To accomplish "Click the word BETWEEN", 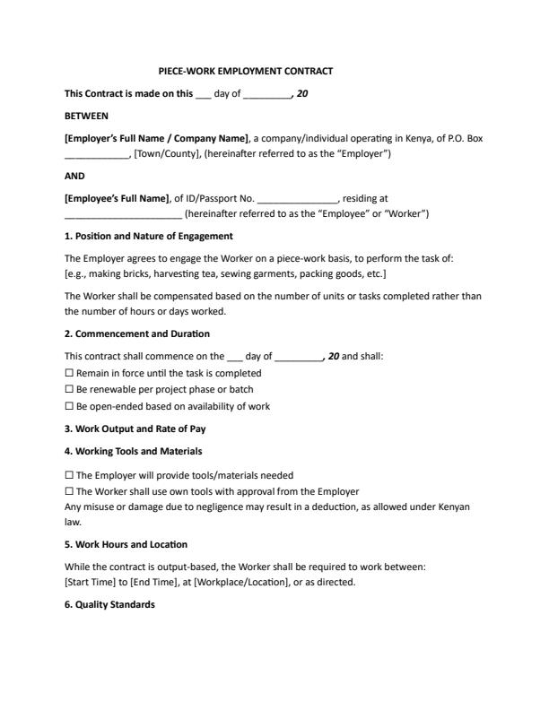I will pyautogui.click(x=86, y=116).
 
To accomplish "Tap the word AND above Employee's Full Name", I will pyautogui.click(x=75, y=177).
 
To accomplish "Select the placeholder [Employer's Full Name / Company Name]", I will pyautogui.click(x=157, y=138).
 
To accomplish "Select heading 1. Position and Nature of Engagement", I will pyautogui.click(x=149, y=236).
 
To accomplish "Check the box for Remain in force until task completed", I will pyautogui.click(x=70, y=373).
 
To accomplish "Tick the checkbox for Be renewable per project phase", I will pyautogui.click(x=70, y=390).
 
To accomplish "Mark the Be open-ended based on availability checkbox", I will pyautogui.click(x=70, y=406).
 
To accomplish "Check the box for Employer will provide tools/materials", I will pyautogui.click(x=70, y=475).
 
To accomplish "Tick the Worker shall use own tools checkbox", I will pyautogui.click(x=70, y=491).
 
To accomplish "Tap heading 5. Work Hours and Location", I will pyautogui.click(x=126, y=544).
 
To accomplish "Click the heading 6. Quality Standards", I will pyautogui.click(x=109, y=604).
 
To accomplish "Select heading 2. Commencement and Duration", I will pyautogui.click(x=138, y=333).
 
